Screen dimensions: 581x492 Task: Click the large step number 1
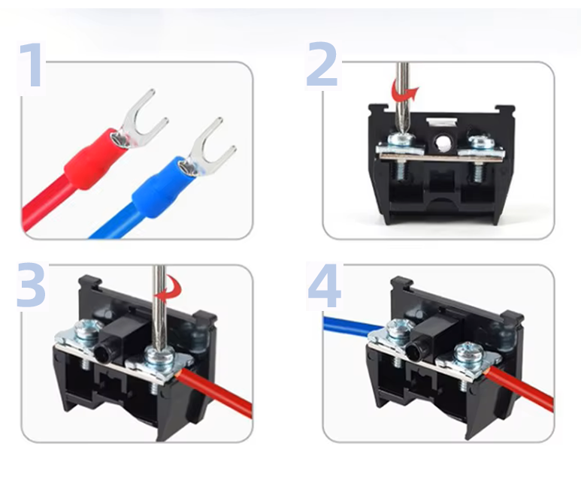tap(32, 65)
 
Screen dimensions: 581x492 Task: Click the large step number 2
tap(322, 64)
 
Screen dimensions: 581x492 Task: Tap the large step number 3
tap(31, 285)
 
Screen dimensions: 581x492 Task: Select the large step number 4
tap(324, 285)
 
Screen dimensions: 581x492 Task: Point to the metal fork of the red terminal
tap(143, 119)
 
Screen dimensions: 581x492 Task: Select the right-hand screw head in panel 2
tap(480, 142)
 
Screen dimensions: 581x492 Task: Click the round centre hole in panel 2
tap(442, 142)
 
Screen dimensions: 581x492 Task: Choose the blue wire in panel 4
tap(354, 326)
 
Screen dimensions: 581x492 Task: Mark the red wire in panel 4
tap(519, 389)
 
